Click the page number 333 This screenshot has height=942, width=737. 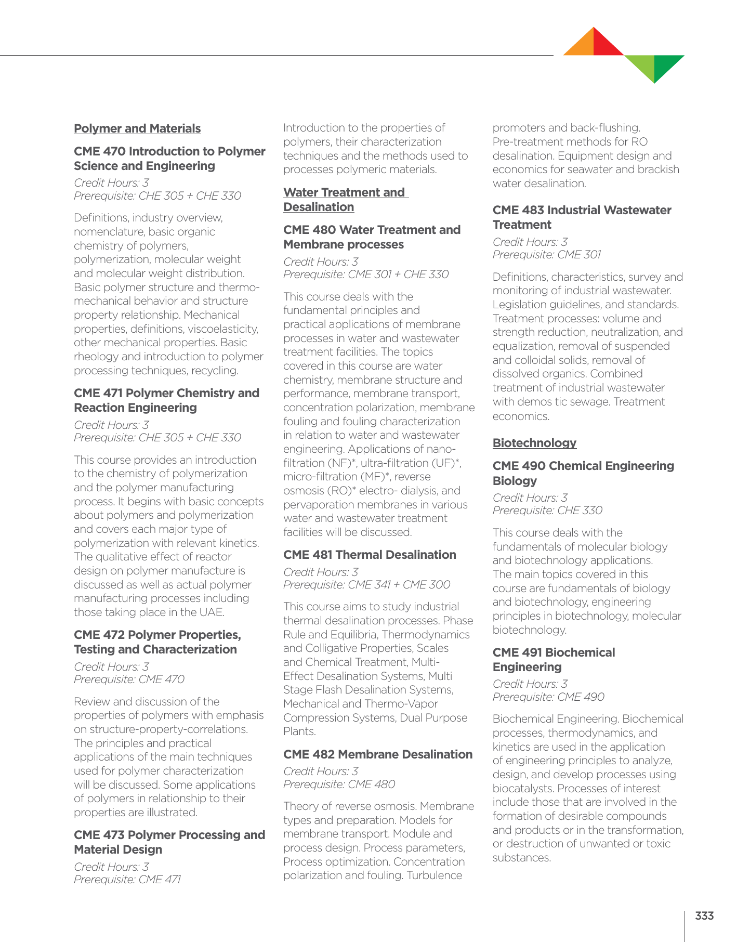(x=704, y=916)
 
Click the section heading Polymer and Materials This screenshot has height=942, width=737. (x=137, y=128)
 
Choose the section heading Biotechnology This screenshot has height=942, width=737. (x=534, y=443)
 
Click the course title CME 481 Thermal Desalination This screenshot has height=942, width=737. (x=370, y=555)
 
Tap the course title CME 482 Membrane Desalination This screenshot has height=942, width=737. (x=378, y=754)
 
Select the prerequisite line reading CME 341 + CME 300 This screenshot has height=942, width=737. (x=366, y=584)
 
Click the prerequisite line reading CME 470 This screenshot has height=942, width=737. (x=129, y=679)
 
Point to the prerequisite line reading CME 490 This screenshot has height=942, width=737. (x=548, y=697)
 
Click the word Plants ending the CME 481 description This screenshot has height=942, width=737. (x=299, y=731)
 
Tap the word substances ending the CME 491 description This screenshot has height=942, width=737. (x=521, y=858)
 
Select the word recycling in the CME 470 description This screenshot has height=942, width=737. (x=215, y=371)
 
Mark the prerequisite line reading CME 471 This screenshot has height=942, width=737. (x=127, y=880)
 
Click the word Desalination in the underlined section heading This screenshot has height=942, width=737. (x=319, y=207)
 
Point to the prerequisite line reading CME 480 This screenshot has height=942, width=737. (x=339, y=784)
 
